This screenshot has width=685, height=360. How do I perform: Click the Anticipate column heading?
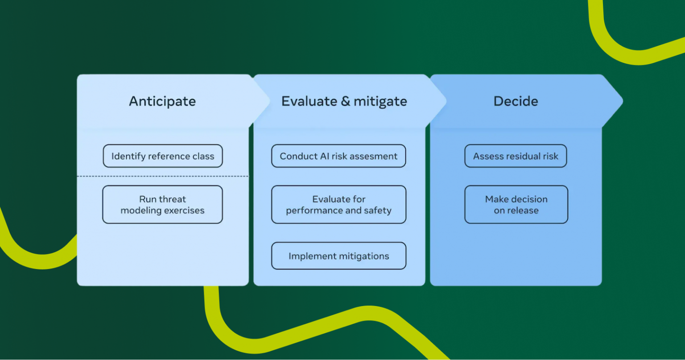pyautogui.click(x=162, y=101)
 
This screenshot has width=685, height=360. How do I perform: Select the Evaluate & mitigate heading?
pyautogui.click(x=344, y=101)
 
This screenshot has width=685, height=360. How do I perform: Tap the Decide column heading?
pyautogui.click(x=516, y=101)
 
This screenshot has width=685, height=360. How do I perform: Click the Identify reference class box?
pyautogui.click(x=163, y=156)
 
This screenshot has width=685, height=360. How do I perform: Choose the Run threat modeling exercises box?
pyautogui.click(x=163, y=204)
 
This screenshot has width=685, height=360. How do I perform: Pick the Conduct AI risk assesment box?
pyautogui.click(x=338, y=156)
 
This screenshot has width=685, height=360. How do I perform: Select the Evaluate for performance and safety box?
pyautogui.click(x=338, y=204)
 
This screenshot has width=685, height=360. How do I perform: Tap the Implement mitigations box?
pyautogui.click(x=338, y=256)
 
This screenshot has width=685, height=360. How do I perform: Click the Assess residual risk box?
pyautogui.click(x=516, y=156)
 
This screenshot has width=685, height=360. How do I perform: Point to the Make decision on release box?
pyautogui.click(x=516, y=204)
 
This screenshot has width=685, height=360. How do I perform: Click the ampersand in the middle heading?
pyautogui.click(x=345, y=101)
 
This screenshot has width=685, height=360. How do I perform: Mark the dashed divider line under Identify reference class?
pyautogui.click(x=163, y=176)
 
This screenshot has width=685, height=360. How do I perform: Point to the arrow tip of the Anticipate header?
pyautogui.click(x=269, y=101)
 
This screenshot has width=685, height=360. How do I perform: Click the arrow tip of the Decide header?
pyautogui.click(x=623, y=101)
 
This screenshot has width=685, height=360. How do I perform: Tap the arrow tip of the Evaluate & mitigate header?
pyautogui.click(x=446, y=101)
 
